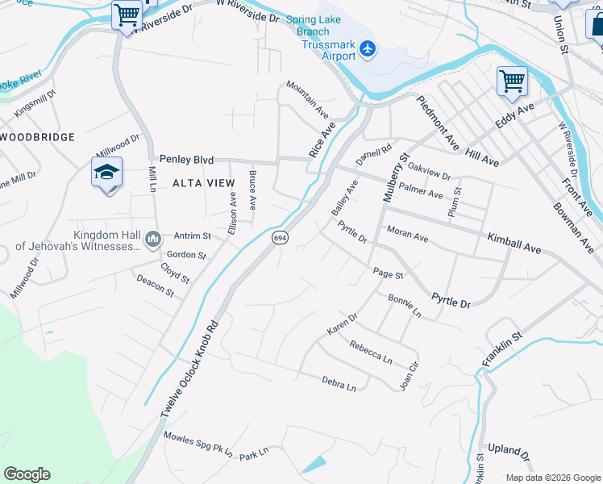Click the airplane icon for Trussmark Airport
(368, 49)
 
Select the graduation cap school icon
(106, 173)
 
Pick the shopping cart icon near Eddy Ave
(511, 80)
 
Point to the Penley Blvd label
(186, 160)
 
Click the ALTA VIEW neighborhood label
(203, 183)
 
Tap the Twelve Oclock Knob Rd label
(189, 370)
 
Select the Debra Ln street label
(339, 383)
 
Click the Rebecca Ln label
(371, 352)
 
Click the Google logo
(27, 474)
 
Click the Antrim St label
(192, 236)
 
